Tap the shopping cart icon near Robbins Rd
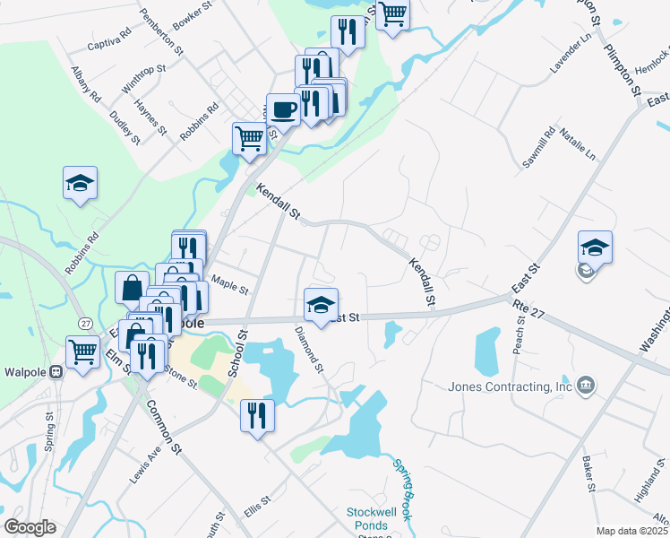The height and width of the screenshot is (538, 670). [249, 138]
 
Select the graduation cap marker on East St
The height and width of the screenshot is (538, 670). [321, 305]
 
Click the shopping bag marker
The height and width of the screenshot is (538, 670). [132, 288]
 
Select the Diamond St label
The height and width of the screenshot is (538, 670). [309, 349]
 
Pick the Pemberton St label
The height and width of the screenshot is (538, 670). [161, 30]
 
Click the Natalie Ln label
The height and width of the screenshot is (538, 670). [578, 143]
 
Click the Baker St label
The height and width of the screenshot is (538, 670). [588, 475]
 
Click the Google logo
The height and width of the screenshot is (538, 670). [30, 527]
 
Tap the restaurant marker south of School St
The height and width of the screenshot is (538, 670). [257, 415]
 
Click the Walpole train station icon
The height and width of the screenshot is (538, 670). [56, 371]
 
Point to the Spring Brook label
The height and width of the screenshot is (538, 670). [402, 485]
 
